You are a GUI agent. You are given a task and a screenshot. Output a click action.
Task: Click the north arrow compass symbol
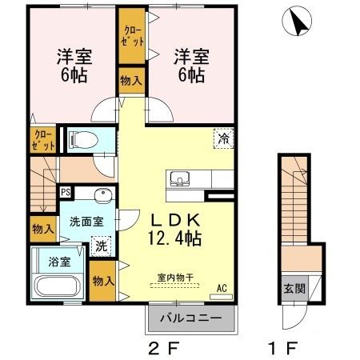click(299, 22)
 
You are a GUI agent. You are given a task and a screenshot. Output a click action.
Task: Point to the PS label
click(66, 192)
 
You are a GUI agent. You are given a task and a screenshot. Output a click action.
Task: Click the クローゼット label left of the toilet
click(44, 140)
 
